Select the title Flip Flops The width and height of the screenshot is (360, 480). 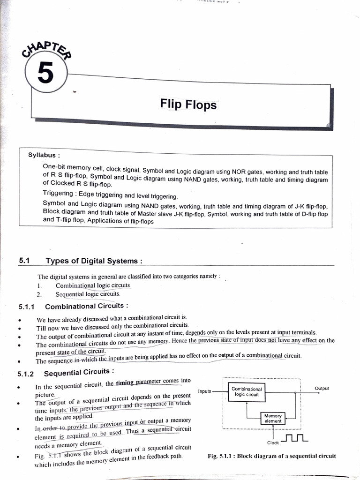coord(188,104)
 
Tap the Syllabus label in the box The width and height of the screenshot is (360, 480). coord(44,155)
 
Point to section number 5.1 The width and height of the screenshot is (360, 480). coord(24,261)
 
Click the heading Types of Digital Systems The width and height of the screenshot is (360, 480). coord(94,261)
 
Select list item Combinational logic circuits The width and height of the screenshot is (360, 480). coord(92,285)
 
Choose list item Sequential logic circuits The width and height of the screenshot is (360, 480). coord(88,294)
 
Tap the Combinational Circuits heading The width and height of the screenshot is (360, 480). coord(86,306)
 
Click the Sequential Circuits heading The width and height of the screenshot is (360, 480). coord(79,373)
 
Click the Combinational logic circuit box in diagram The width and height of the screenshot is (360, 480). coord(247,392)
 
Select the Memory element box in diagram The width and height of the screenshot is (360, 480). coord(273,418)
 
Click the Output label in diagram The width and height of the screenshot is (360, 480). coord(322,388)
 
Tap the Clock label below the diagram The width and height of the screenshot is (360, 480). coord(273,442)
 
